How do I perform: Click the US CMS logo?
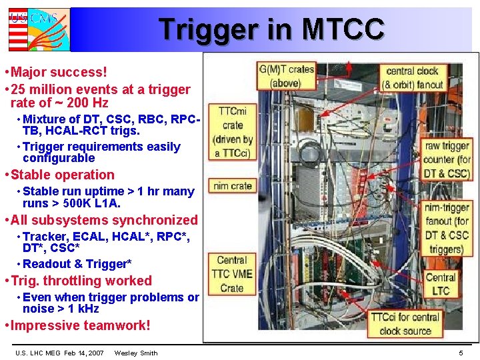39,29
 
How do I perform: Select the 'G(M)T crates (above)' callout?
286,76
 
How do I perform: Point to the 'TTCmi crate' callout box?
233,131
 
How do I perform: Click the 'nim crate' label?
233,186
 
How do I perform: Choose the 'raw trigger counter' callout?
447,159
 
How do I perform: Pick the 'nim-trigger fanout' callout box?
447,228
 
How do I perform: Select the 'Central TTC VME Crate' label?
232,274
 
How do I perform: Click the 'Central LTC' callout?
441,284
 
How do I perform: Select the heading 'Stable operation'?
63,175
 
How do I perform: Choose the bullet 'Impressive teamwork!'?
81,326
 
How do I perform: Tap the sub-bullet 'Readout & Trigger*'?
77,264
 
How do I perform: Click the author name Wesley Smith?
136,353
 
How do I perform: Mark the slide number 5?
461,353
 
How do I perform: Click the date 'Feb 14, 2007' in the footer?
84,353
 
